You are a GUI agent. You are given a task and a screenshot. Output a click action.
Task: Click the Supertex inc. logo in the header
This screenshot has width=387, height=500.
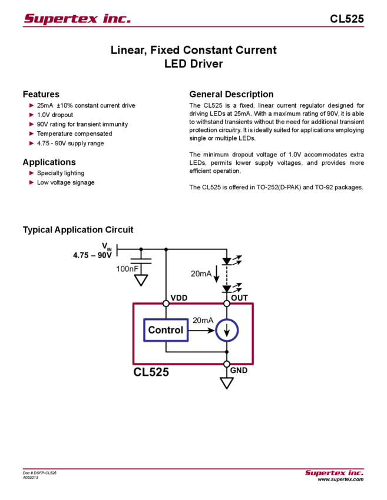[77, 19]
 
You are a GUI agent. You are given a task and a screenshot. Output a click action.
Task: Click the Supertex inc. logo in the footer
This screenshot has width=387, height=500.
[334, 473]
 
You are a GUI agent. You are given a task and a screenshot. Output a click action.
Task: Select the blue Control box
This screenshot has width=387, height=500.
[166, 330]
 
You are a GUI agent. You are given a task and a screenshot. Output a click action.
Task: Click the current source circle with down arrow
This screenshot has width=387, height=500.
[227, 330]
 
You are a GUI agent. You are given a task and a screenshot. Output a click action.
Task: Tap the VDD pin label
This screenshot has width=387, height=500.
[178, 298]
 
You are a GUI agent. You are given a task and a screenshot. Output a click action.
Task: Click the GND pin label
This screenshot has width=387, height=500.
[239, 371]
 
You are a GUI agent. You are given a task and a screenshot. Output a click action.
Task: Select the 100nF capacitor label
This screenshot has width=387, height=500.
[127, 268]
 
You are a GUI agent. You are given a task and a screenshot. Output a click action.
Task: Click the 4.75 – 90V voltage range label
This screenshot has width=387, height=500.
[91, 255]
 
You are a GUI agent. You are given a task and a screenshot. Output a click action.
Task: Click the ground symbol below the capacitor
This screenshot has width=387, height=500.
[141, 281]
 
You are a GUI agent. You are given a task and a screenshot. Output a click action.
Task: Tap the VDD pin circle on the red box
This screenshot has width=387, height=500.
[166, 304]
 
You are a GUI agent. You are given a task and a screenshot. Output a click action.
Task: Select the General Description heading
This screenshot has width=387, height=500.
[231, 94]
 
